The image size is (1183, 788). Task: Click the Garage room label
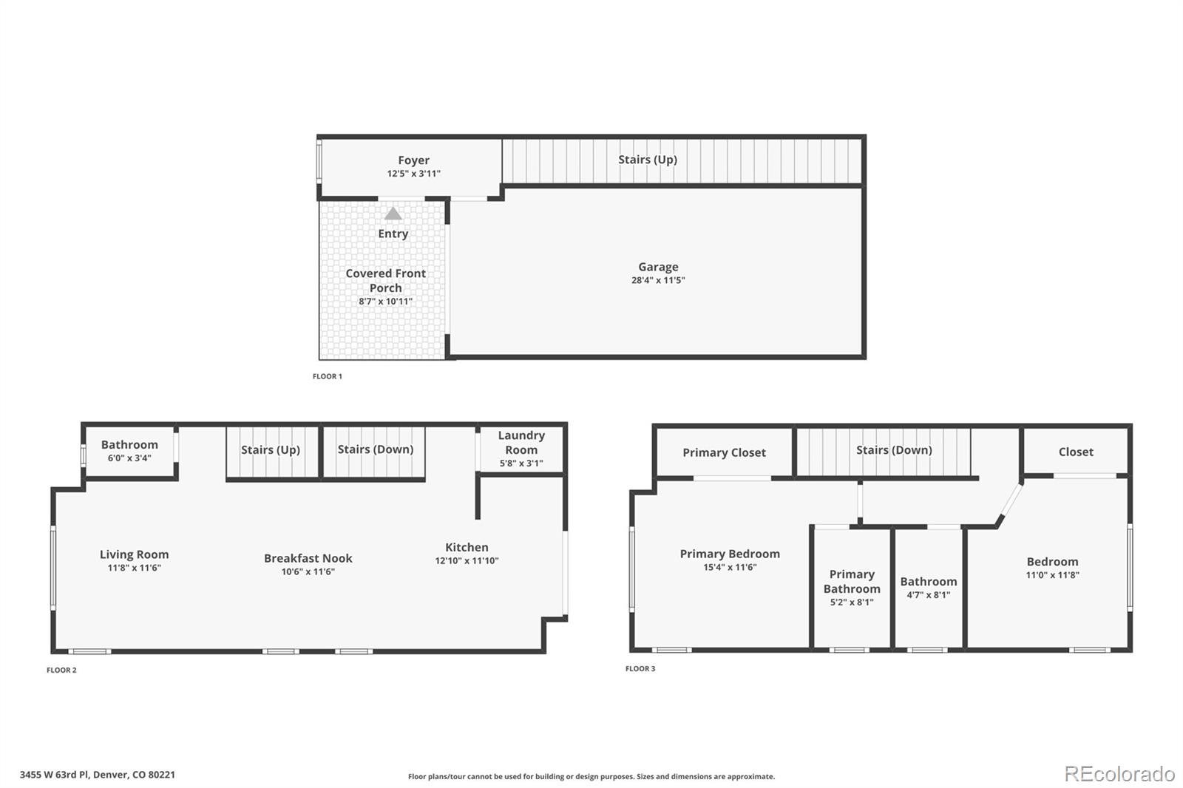658,267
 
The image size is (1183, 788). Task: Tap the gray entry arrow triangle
393,214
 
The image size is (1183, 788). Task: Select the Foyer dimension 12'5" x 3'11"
413,174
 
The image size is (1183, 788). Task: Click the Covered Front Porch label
385,280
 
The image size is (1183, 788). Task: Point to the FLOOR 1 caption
327,376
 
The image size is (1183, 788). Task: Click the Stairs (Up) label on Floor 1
647,160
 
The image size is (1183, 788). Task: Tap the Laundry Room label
521,443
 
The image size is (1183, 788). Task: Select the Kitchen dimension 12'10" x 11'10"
467,561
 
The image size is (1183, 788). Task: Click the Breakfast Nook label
308,558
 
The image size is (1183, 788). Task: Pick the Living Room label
134,554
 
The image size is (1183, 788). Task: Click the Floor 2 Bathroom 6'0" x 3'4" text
129,458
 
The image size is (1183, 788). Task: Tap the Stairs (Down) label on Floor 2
375,449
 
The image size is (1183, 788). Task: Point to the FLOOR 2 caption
61,670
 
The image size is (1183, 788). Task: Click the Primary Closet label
724,452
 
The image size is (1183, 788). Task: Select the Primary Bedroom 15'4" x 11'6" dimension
730,568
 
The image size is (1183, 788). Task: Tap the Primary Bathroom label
852,582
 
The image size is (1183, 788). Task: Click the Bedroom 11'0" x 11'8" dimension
1052,575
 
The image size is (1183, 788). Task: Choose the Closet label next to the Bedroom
1075,452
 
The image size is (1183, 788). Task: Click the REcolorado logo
1119,774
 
